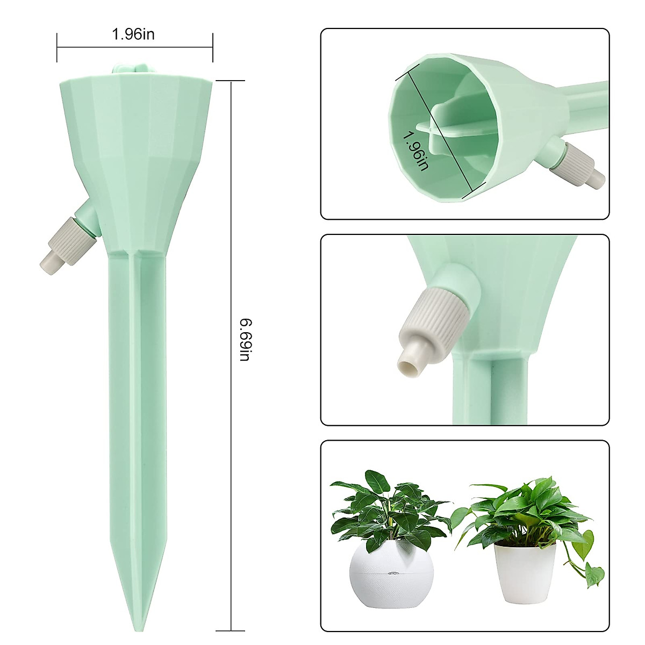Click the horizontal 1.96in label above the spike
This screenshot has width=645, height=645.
133,34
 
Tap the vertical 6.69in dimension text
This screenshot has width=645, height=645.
245,340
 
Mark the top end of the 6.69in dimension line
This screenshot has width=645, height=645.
231,81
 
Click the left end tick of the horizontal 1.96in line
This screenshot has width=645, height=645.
58,47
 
